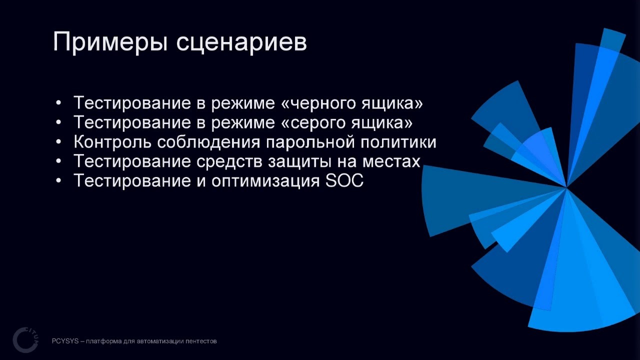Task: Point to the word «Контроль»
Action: pyautogui.click(x=112, y=142)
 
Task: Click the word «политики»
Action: pyautogui.click(x=398, y=142)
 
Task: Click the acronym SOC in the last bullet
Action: pyautogui.click(x=344, y=181)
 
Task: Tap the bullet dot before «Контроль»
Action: pyautogui.click(x=58, y=142)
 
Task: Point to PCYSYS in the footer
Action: pyautogui.click(x=64, y=341)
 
